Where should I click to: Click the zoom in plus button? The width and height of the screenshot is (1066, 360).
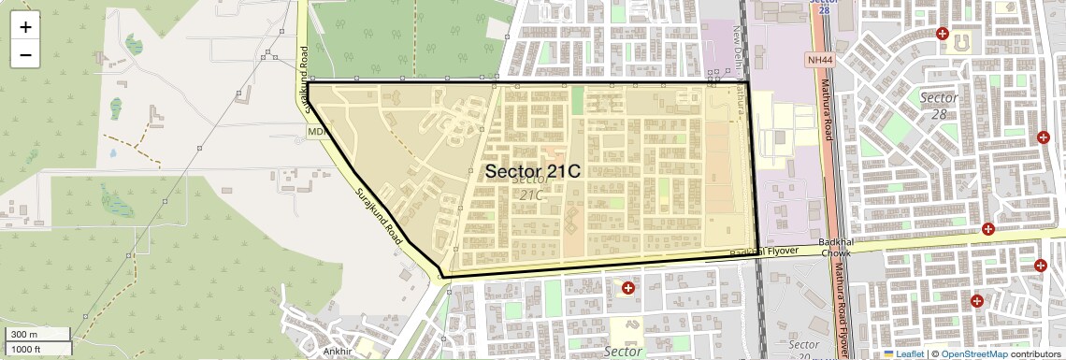tap(25, 26)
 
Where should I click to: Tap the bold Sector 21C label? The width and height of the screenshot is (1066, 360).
tap(532, 172)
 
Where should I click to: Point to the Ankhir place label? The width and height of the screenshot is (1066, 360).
tap(336, 352)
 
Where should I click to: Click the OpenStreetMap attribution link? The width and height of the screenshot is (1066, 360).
tap(973, 354)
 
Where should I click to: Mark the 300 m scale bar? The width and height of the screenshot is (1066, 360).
tap(37, 335)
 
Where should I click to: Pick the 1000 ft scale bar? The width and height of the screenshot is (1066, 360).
tap(37, 349)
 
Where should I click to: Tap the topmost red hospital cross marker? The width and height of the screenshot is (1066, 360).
tap(943, 35)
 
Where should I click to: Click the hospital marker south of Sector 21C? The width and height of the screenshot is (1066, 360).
tap(627, 288)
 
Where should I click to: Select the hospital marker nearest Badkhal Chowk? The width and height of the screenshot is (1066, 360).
tap(987, 229)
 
